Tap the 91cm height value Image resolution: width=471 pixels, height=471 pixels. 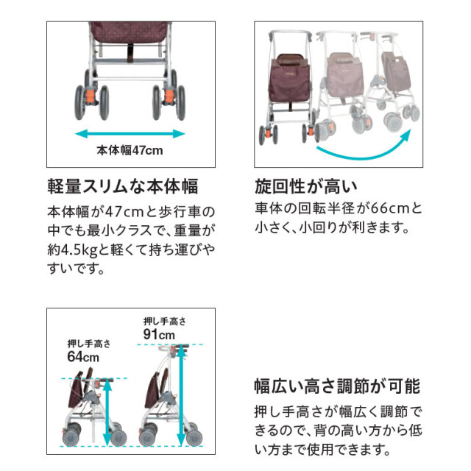click(x=160, y=334)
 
